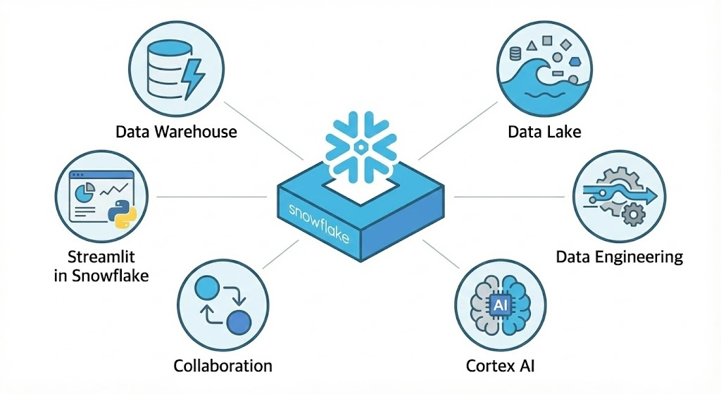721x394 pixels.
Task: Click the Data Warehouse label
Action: click(176, 132)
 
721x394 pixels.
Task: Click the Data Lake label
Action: click(545, 132)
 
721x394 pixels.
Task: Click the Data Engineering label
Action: click(620, 256)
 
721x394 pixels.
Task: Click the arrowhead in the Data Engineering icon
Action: click(651, 192)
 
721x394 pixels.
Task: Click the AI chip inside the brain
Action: click(501, 305)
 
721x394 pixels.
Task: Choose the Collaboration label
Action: click(222, 365)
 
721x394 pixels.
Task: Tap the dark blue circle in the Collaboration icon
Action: click(239, 323)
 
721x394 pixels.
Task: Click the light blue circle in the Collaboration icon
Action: click(206, 288)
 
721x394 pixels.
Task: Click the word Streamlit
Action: click(101, 255)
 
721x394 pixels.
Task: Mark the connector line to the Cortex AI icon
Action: click(441, 254)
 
